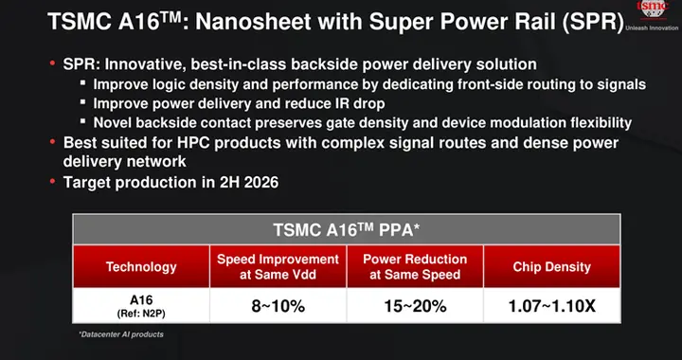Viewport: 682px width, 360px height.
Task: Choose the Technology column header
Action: click(x=141, y=267)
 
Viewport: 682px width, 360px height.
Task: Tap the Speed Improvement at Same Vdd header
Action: click(x=278, y=267)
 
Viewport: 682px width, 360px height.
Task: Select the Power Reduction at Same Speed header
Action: click(x=416, y=267)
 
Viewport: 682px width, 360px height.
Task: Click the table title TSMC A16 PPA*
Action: click(x=347, y=230)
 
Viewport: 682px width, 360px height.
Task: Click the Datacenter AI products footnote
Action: click(x=124, y=334)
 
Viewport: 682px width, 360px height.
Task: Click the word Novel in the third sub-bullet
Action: click(x=114, y=122)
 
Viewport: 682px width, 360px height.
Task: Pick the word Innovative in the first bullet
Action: click(x=142, y=64)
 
